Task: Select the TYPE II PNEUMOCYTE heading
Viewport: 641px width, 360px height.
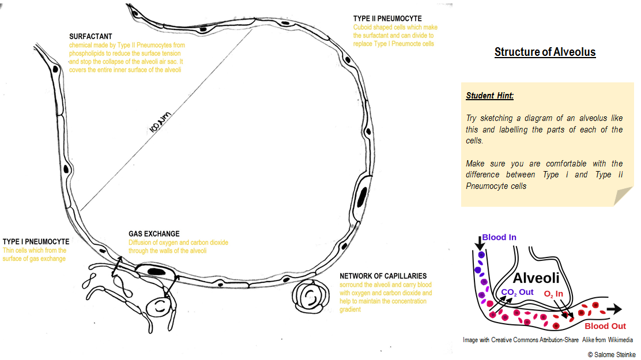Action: pyautogui.click(x=387, y=18)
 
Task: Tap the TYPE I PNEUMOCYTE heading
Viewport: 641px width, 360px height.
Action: pyautogui.click(x=36, y=241)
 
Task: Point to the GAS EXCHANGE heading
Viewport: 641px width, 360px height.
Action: pyautogui.click(x=154, y=234)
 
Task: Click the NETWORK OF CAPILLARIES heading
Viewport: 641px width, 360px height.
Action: pyautogui.click(x=383, y=276)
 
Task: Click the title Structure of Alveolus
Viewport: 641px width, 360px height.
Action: pyautogui.click(x=545, y=52)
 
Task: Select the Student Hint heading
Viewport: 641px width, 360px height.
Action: pyautogui.click(x=489, y=96)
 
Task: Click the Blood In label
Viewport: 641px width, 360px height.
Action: pyautogui.click(x=499, y=237)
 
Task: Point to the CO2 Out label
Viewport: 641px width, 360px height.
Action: pyautogui.click(x=517, y=292)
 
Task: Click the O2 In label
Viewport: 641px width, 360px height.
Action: pyautogui.click(x=553, y=294)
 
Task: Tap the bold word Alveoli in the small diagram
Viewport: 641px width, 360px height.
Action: pyautogui.click(x=536, y=278)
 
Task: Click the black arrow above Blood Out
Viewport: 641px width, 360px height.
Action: pyautogui.click(x=613, y=309)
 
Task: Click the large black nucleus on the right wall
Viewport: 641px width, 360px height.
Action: pyautogui.click(x=361, y=197)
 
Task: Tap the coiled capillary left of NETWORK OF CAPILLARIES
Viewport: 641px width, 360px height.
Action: pyautogui.click(x=311, y=297)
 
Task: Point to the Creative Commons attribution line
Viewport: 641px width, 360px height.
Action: pyautogui.click(x=548, y=340)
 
